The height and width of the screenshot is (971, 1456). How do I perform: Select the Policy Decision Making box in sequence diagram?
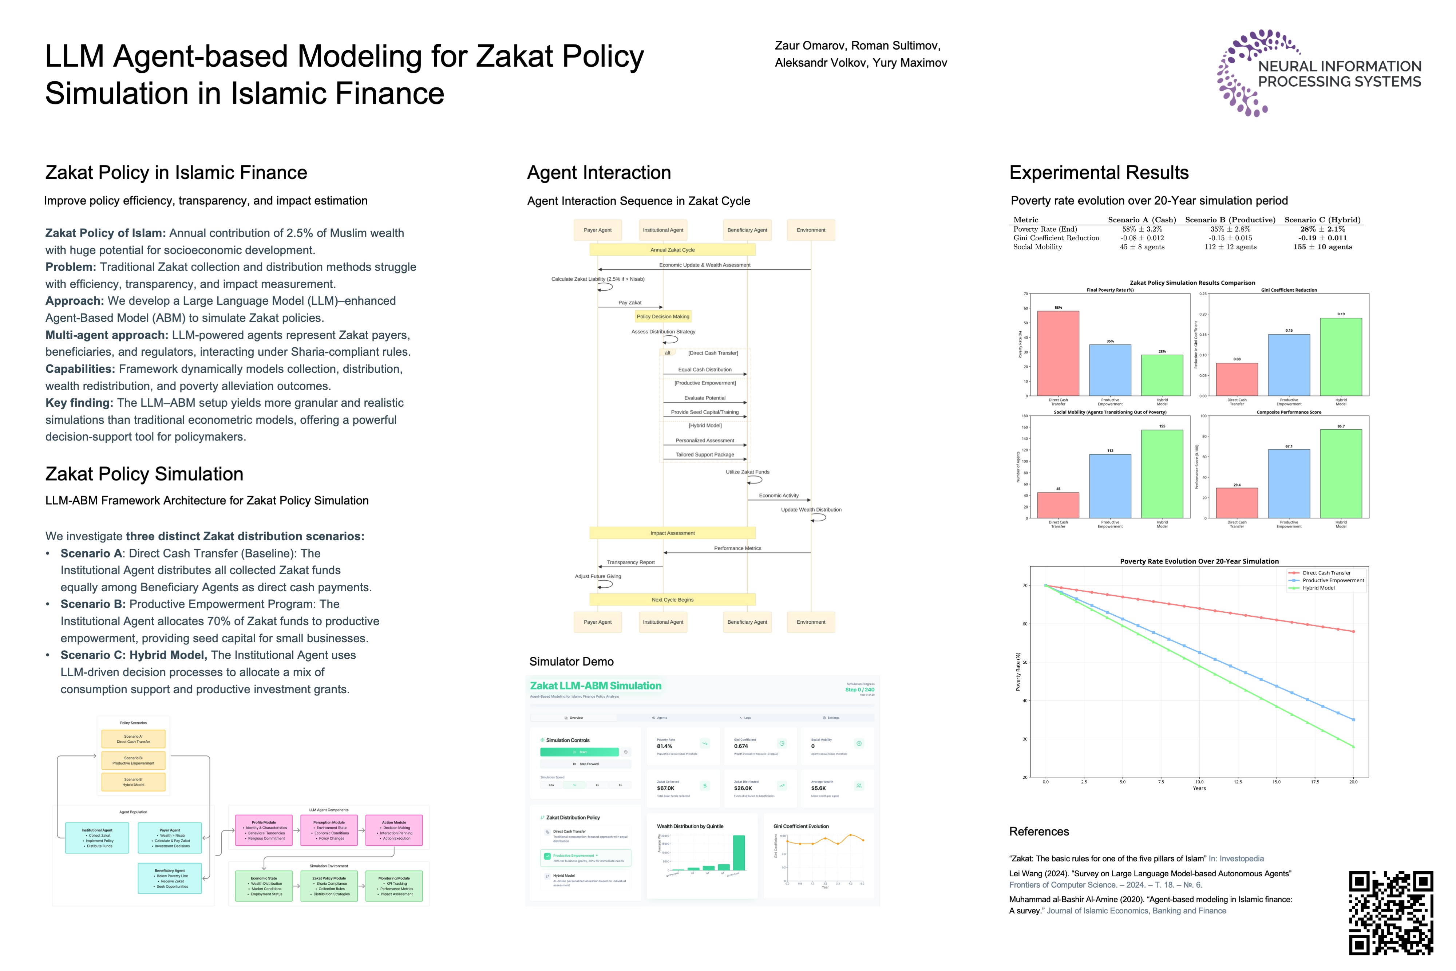click(x=663, y=316)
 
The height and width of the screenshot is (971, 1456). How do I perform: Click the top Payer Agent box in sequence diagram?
click(x=597, y=230)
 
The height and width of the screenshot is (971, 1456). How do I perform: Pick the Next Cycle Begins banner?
click(x=672, y=599)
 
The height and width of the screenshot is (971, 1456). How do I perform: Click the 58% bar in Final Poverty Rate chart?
click(x=1058, y=353)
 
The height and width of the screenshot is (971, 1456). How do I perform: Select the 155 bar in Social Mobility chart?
click(x=1162, y=474)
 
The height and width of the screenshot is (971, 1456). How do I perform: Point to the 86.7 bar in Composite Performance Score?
click(x=1341, y=474)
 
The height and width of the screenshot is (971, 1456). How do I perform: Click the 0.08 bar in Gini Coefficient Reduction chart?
click(x=1237, y=379)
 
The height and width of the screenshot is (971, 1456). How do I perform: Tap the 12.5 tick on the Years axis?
click(x=1238, y=782)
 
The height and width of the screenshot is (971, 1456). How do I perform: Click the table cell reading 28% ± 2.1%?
click(x=1322, y=229)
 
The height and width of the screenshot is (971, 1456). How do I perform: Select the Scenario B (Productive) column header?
click(x=1230, y=220)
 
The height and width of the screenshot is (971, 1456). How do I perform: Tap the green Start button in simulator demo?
click(x=579, y=752)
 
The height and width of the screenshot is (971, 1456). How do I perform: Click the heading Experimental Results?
click(x=1099, y=173)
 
